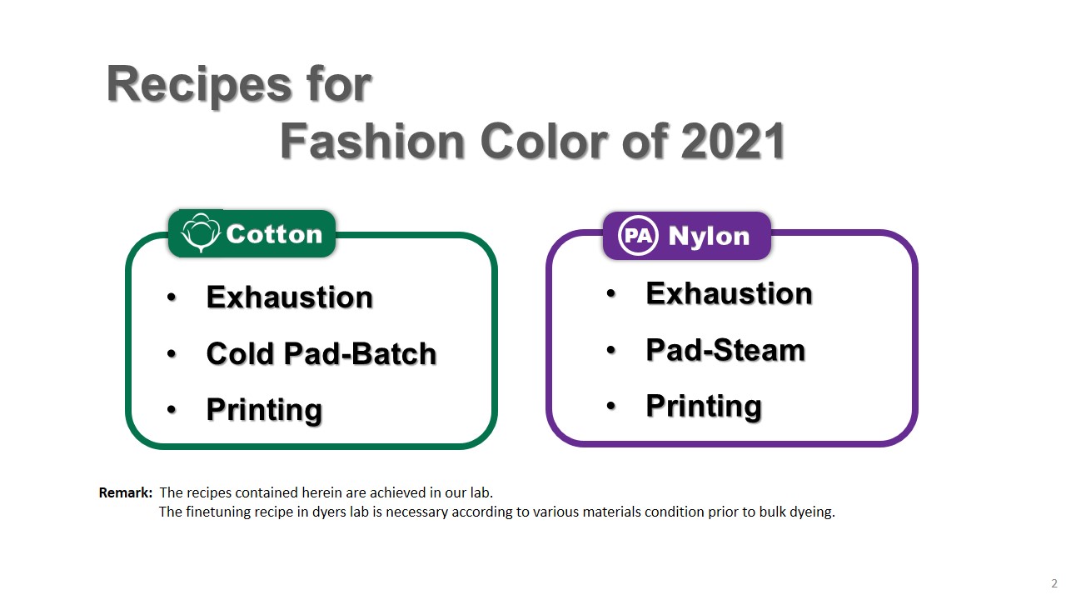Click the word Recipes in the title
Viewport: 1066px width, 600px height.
tap(193, 84)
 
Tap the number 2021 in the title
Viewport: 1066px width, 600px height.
tap(734, 142)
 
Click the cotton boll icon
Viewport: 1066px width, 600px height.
tap(200, 232)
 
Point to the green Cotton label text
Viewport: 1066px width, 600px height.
tap(274, 234)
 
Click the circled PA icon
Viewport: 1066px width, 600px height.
tap(638, 236)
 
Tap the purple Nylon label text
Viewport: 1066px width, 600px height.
tap(709, 237)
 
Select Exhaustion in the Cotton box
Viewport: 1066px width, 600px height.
tap(289, 297)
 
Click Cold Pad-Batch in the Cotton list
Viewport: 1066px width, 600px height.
tap(321, 353)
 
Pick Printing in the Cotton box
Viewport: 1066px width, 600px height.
tap(264, 409)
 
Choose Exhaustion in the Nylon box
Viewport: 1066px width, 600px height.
tap(729, 293)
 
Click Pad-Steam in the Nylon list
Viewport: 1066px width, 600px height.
tap(725, 350)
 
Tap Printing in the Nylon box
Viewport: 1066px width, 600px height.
tap(704, 406)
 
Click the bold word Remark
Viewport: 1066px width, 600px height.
tap(125, 492)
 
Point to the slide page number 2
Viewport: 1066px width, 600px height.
tap(1054, 583)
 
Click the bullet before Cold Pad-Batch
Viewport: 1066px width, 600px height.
tap(172, 354)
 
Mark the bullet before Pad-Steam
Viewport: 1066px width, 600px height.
tap(611, 351)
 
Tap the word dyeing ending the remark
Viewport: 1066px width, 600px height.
tap(813, 512)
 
